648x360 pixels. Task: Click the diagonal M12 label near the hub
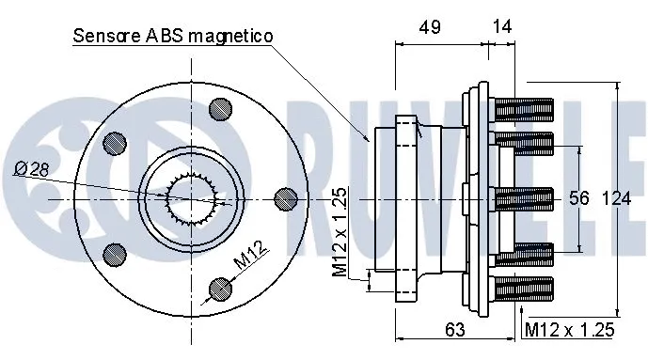[x=247, y=258]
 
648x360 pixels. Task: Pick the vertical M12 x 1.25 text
[x=340, y=232]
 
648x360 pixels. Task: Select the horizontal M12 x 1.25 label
[x=569, y=329]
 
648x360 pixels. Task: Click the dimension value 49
[x=430, y=29]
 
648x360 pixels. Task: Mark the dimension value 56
[x=578, y=199]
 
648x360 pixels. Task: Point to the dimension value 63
[x=454, y=329]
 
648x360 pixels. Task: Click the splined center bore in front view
[x=194, y=199]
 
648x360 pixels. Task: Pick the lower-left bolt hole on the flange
[x=115, y=253]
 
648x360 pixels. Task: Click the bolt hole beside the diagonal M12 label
[x=219, y=287]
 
